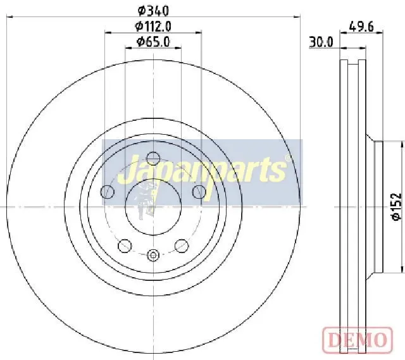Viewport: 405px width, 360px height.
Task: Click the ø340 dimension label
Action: [153, 11]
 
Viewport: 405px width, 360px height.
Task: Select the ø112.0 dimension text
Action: [153, 26]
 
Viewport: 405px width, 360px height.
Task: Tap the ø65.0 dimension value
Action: [153, 42]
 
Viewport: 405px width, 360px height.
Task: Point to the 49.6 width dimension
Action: [361, 27]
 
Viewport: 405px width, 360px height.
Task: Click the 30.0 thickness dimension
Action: [321, 42]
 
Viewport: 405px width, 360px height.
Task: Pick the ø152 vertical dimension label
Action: [397, 207]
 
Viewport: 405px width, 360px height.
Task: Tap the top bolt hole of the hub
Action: [153, 158]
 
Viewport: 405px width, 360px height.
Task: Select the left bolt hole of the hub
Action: [107, 192]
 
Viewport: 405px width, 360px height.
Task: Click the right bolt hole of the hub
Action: [199, 192]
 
